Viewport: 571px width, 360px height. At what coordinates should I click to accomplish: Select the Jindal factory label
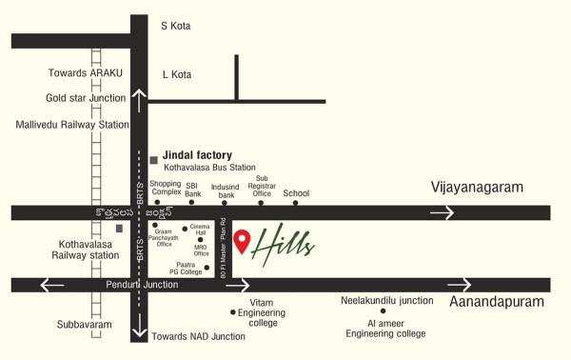197,154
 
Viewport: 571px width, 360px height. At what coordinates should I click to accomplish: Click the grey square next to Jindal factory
153,159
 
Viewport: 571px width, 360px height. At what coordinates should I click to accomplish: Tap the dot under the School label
296,202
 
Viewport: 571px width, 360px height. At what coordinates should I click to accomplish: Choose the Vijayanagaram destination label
477,188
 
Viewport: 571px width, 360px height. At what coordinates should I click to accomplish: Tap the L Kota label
177,73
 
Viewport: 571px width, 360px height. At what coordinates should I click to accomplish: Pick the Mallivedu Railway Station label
71,124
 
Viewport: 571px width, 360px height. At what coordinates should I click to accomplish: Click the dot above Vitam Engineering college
232,310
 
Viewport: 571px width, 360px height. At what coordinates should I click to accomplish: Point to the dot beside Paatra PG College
220,268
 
